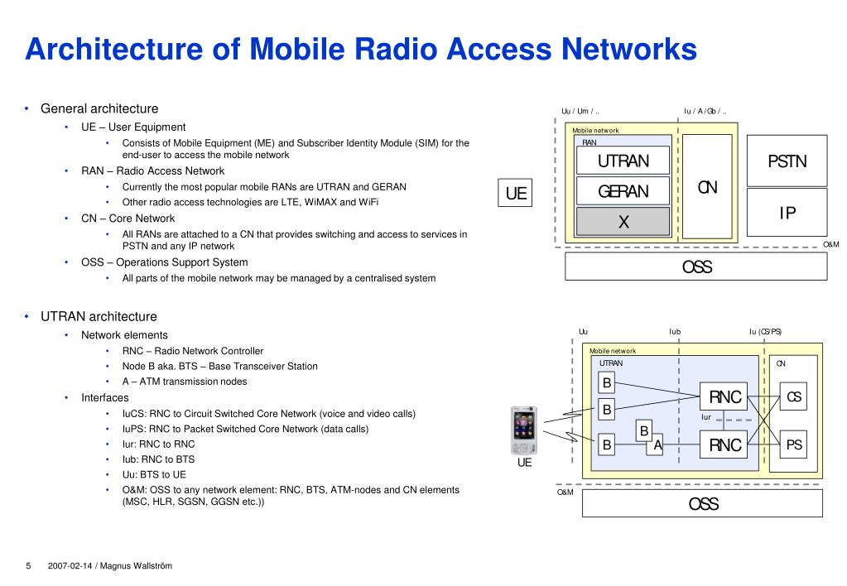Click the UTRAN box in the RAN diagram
pos(623,161)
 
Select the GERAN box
pos(623,192)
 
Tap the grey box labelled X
pos(623,222)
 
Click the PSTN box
pos(786,161)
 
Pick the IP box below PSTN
pos(786,214)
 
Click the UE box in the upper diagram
pos(516,194)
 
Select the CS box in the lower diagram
pos(793,397)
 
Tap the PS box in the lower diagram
pos(793,445)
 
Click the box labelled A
pos(657,445)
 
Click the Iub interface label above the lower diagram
pos(675,332)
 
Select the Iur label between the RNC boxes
pos(706,417)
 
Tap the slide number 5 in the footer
pos(28,566)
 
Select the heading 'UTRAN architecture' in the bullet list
pos(99,316)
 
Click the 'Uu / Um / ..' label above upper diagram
pos(580,112)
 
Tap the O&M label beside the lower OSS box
pos(565,492)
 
